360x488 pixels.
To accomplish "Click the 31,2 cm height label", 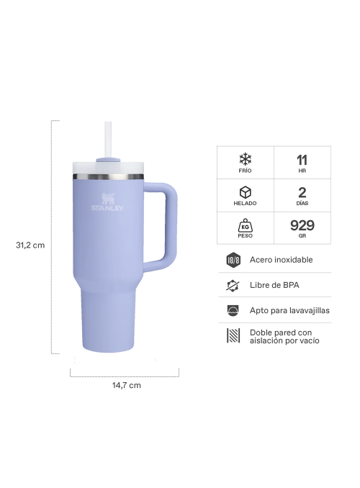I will [30, 245].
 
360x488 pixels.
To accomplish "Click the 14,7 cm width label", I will [126, 385].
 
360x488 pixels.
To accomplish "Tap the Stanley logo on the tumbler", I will [107, 203].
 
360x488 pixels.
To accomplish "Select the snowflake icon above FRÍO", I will [246, 158].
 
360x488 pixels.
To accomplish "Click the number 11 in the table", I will [302, 159].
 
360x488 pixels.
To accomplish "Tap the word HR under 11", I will [302, 171].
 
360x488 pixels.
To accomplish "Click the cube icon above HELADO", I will [246, 192].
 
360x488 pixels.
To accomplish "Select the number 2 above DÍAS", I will [302, 192].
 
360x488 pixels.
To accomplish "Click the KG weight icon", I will [246, 225].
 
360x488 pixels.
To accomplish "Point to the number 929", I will [302, 225].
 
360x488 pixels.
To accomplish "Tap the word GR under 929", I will [302, 237].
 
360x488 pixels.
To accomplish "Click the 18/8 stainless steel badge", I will [233, 260].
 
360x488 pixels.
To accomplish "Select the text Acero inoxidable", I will [281, 260].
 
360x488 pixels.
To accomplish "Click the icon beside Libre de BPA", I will [233, 285].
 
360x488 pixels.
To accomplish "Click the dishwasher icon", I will [233, 310].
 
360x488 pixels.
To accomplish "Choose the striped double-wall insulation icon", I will [233, 336].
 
